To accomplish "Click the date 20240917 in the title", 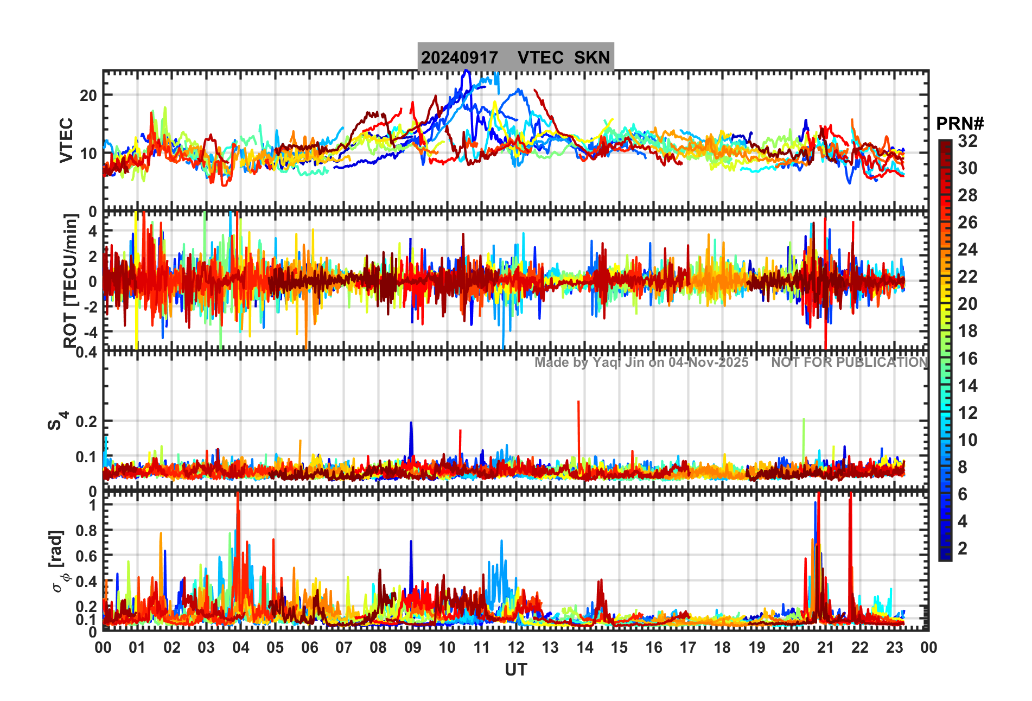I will (460, 58).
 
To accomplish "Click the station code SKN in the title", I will (592, 58).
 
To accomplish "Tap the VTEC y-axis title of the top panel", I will (66, 140).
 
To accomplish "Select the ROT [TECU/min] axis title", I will (71, 281).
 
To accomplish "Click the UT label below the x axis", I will (515, 670).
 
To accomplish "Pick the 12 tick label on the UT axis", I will (515, 648).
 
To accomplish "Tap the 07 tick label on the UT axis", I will (343, 648).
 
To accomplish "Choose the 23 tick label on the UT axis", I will (894, 648).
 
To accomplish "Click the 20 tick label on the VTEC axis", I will (88, 95).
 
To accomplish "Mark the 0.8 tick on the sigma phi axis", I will (86, 531).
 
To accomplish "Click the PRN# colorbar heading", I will (960, 124).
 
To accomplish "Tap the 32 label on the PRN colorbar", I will (967, 141).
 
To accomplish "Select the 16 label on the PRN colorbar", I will (967, 359).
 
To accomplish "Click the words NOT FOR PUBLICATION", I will (849, 362).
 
